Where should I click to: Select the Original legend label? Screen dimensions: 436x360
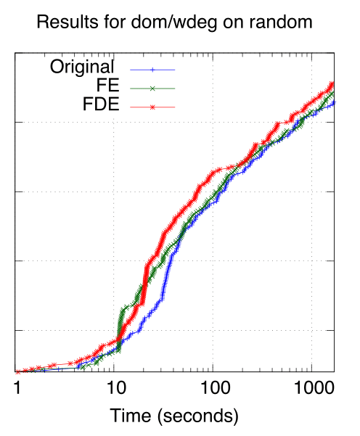(82, 68)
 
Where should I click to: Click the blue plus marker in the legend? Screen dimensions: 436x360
(152, 70)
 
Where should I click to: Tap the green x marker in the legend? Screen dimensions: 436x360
(152, 89)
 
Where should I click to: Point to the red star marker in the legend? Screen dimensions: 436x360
(152, 107)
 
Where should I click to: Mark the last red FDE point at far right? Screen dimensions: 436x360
(333, 83)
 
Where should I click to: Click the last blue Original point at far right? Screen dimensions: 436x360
(333, 103)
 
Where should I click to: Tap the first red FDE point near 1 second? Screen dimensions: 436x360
(17, 371)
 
